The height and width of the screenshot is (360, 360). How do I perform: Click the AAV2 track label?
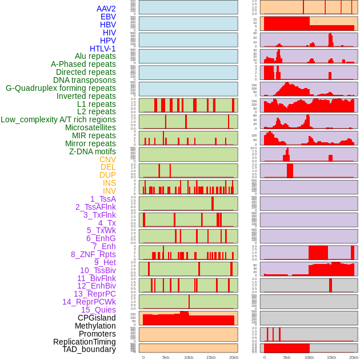106,9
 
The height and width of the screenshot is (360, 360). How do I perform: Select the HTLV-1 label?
102,49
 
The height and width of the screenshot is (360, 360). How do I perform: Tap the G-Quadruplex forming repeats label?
61,88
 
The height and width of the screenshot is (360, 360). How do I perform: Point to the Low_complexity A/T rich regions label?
58,119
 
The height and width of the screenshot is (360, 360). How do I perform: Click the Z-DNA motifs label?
92,151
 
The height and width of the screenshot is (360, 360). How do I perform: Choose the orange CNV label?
107,159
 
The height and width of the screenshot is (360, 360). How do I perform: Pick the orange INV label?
109,191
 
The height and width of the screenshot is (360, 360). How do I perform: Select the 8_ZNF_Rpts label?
93,254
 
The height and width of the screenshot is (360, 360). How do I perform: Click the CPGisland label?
97,318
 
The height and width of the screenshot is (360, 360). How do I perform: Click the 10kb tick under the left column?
188,357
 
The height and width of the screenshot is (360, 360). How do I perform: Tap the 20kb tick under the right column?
354,357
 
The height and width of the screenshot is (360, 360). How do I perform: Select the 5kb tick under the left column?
166,357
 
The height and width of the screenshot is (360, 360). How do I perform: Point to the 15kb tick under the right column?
331,357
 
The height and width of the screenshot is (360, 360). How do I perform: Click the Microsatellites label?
90,127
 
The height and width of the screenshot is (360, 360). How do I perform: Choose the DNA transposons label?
85,80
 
